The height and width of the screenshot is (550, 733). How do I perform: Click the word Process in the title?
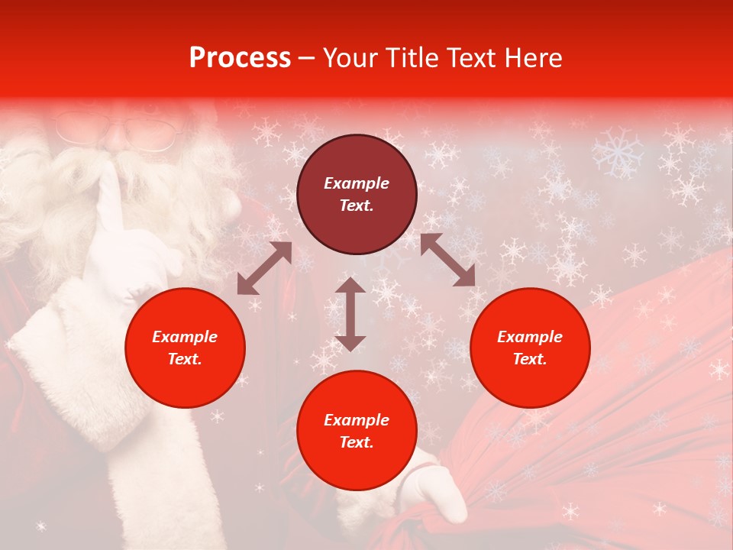click(x=240, y=58)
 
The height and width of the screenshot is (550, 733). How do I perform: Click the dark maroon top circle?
click(x=357, y=194)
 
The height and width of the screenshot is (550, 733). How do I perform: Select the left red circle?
click(x=185, y=348)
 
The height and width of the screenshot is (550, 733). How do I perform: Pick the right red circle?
click(x=530, y=348)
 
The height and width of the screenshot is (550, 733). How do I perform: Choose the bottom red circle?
click(x=357, y=430)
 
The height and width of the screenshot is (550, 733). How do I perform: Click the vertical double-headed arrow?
click(x=350, y=314)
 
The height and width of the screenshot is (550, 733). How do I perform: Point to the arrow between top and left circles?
click(x=264, y=268)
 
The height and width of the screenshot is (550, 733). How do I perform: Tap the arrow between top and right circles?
click(x=447, y=260)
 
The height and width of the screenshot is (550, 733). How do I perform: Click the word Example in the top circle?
click(x=357, y=183)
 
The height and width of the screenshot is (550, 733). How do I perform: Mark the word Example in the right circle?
click(x=530, y=337)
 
